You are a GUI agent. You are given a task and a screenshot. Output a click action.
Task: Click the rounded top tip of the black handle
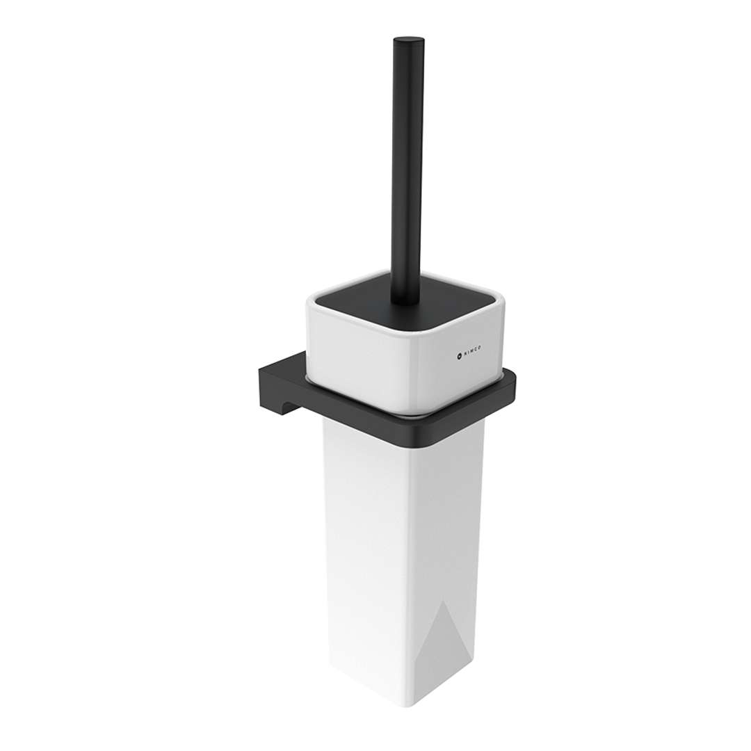tap(407, 40)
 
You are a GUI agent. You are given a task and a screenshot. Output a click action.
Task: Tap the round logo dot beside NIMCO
tap(459, 355)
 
